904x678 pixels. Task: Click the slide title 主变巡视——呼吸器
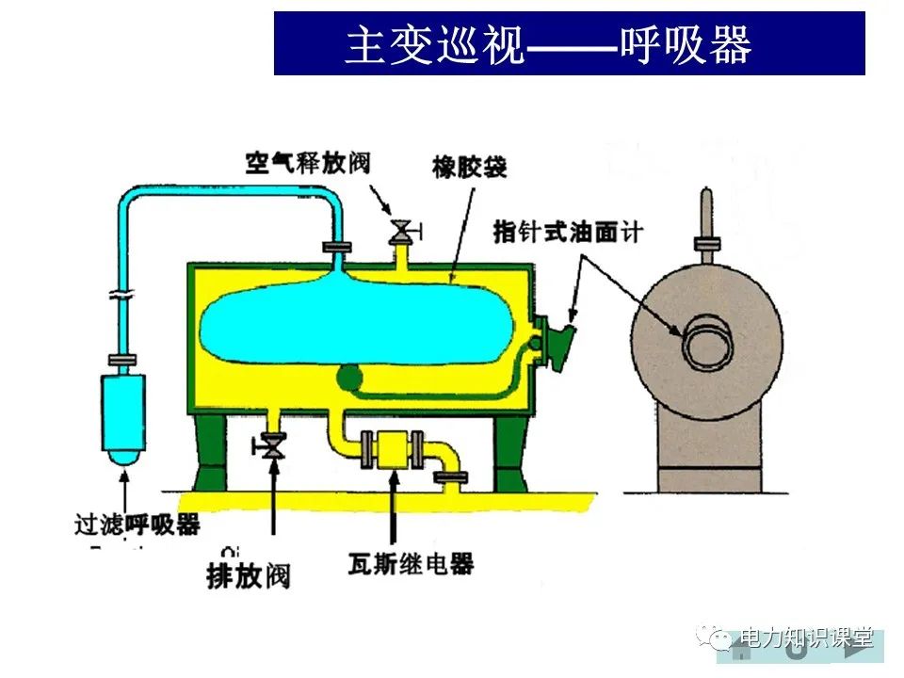569,43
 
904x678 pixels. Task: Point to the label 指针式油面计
567,231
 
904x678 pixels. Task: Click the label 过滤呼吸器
137,524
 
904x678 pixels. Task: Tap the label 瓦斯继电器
410,565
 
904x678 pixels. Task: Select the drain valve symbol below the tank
274,445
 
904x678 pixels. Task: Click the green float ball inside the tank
346,378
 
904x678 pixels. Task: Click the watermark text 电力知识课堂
807,638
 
